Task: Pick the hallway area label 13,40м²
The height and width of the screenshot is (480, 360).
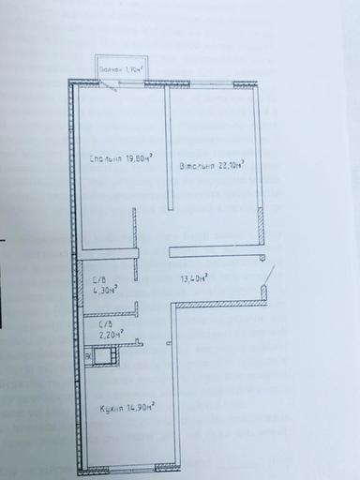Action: [x=194, y=277]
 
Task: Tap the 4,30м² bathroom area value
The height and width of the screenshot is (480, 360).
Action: [x=103, y=290]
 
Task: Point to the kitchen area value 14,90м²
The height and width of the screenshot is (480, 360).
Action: [x=141, y=406]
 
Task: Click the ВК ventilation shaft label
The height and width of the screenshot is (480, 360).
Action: [x=89, y=355]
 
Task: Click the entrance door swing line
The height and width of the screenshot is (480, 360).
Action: [x=270, y=275]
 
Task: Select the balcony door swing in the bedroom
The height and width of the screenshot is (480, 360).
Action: [x=111, y=86]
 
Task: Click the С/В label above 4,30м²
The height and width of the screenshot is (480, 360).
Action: [x=97, y=278]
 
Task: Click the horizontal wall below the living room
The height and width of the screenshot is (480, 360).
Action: [x=212, y=248]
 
